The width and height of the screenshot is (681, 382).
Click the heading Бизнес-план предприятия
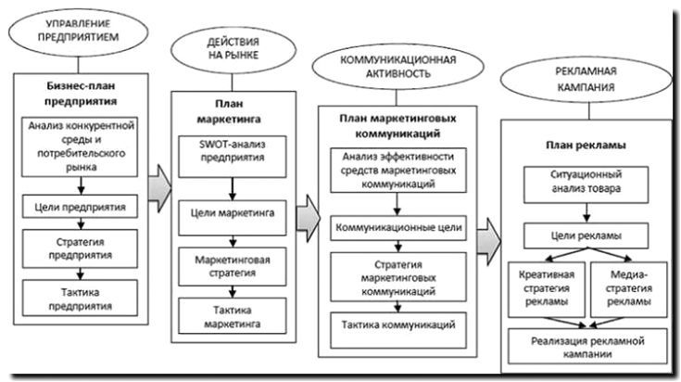pos(82,93)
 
